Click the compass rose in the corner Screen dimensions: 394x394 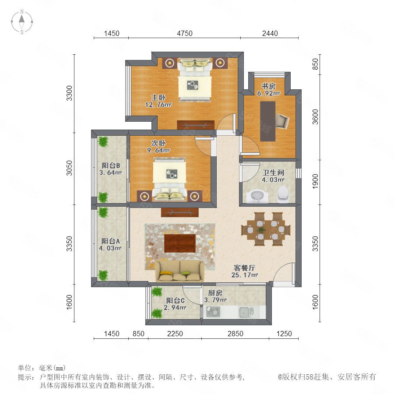click(x=22, y=22)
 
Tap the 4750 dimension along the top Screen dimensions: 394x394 click(x=185, y=33)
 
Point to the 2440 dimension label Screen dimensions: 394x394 click(x=270, y=33)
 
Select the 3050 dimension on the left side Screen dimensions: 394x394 click(x=69, y=168)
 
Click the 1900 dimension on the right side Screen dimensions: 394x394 click(x=315, y=181)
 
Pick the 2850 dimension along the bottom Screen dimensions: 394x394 click(x=236, y=334)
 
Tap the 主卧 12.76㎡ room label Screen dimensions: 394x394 click(x=158, y=101)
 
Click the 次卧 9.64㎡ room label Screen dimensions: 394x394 click(x=158, y=147)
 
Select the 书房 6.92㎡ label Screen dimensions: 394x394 click(x=268, y=90)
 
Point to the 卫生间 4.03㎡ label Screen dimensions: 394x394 click(x=273, y=176)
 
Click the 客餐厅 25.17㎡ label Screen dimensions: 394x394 click(x=244, y=271)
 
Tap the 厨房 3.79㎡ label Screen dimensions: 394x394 click(x=215, y=296)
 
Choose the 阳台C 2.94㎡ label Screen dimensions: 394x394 click(x=175, y=304)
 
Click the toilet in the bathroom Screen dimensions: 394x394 click(x=283, y=194)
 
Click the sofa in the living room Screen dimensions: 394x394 click(x=179, y=271)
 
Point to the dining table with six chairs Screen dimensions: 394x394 click(x=266, y=229)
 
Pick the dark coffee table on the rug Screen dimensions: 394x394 click(x=180, y=243)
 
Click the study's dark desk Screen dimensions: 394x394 click(x=267, y=121)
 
